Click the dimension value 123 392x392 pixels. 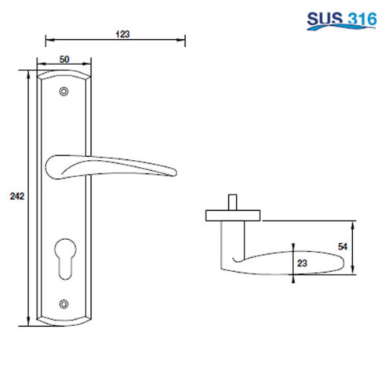pos(122,33)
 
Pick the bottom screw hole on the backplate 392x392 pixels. pos(64,303)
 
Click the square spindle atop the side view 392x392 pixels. pos(233,201)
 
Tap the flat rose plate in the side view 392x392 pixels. pos(233,214)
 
